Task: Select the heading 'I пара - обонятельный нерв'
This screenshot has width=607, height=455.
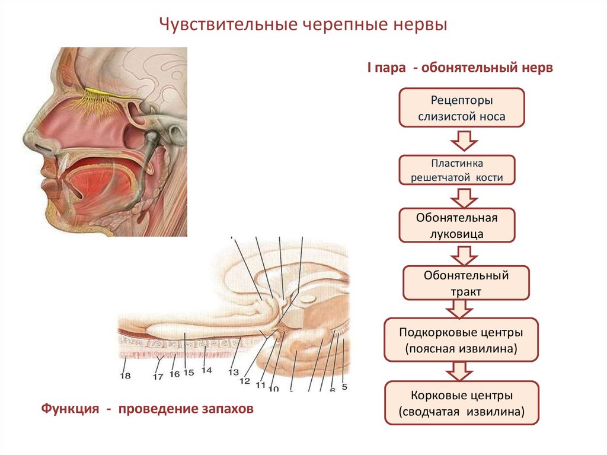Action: click(459, 68)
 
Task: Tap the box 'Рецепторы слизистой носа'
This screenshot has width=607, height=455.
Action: click(461, 107)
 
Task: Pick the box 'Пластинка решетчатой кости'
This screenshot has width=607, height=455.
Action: click(457, 170)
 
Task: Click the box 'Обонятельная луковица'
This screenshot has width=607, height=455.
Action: click(456, 225)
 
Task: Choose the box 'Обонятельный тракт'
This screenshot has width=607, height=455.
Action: click(466, 283)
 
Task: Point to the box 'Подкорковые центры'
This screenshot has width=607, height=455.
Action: click(461, 339)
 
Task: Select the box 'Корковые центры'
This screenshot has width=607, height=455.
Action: click(461, 403)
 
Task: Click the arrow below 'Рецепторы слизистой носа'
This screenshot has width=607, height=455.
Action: click(464, 141)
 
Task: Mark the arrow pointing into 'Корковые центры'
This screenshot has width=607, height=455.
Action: click(459, 371)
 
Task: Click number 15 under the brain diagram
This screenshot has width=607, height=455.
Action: click(189, 373)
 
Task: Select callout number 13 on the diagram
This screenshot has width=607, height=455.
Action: click(233, 373)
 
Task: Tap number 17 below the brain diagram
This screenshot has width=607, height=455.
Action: click(157, 376)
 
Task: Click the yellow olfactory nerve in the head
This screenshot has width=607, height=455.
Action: click(110, 93)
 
